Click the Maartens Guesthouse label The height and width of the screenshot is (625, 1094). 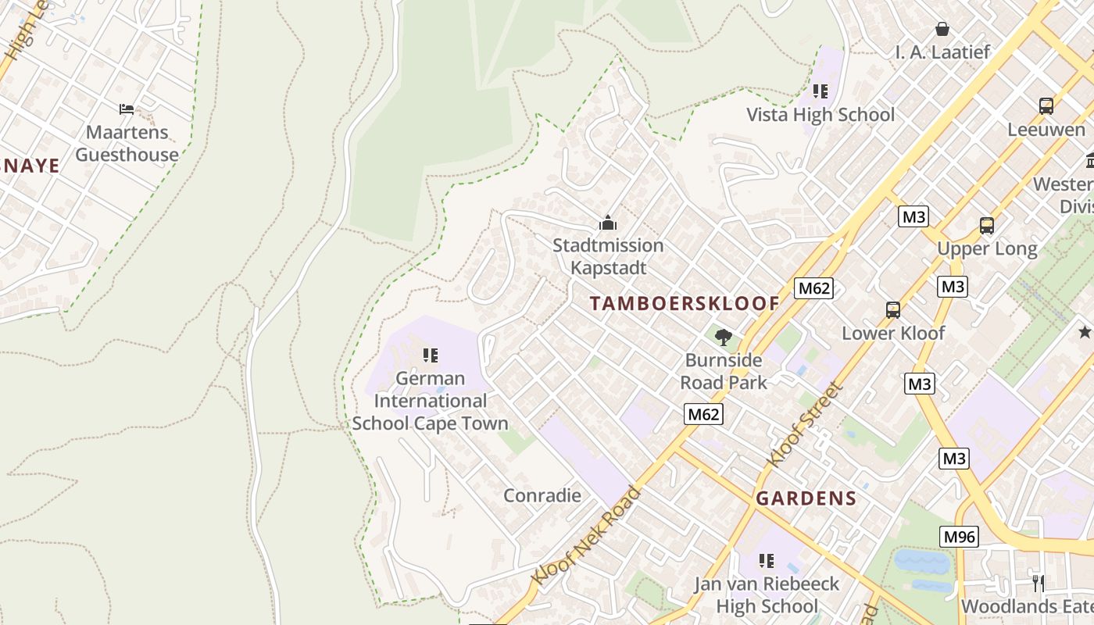click(127, 144)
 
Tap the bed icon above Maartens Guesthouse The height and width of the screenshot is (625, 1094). click(127, 109)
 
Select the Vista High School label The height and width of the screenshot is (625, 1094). click(820, 115)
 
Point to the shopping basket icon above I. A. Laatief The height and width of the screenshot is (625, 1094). click(942, 29)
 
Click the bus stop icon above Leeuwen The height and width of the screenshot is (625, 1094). click(1046, 106)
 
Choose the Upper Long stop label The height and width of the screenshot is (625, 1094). click(987, 249)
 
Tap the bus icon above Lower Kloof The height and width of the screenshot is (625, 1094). click(893, 310)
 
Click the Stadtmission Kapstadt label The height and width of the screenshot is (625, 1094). click(608, 256)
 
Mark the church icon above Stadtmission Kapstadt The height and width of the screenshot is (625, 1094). click(608, 223)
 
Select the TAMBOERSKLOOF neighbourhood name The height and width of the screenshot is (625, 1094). click(685, 304)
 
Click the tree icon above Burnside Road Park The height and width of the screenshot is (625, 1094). click(724, 337)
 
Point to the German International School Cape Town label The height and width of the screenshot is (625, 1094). click(430, 401)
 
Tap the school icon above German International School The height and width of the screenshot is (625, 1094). click(430, 355)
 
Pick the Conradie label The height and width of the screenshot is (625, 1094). click(542, 495)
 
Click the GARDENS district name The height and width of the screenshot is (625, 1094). click(806, 498)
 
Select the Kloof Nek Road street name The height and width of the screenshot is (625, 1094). click(586, 535)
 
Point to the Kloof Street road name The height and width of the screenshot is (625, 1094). click(806, 424)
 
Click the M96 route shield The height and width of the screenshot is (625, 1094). click(958, 537)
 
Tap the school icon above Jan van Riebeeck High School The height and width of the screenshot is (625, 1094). click(767, 560)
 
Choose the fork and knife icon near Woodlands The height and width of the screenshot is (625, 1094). click(1038, 582)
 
